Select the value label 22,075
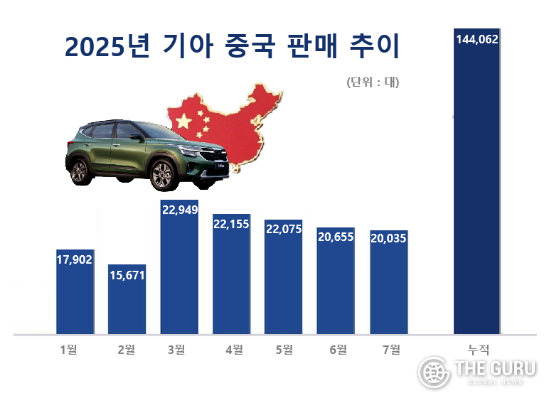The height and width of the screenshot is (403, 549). click(x=284, y=230)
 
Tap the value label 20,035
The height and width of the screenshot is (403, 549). click(x=389, y=239)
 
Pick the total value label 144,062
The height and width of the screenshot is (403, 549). click(x=476, y=40)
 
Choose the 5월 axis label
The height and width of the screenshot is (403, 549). click(x=283, y=349)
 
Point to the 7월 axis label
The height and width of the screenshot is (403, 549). click(x=390, y=349)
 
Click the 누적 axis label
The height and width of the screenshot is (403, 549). click(x=477, y=349)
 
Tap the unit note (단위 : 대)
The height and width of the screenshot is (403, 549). click(x=373, y=82)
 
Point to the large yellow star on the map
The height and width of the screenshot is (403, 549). click(x=183, y=119)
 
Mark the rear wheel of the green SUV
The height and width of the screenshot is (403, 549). click(x=79, y=171)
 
